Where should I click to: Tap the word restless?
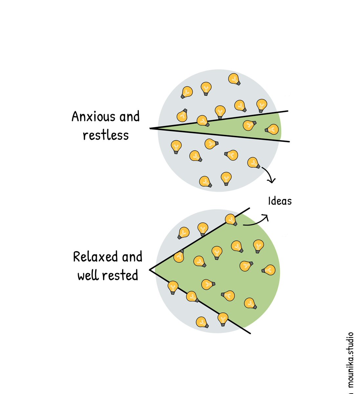click(106, 135)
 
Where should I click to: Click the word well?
click(88, 275)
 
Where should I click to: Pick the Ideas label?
click(280, 201)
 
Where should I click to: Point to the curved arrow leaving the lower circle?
click(256, 222)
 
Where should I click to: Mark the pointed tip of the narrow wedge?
click(151, 128)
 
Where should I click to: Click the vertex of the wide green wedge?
click(150, 270)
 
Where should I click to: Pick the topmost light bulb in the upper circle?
click(234, 79)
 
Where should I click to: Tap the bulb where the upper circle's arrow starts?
click(253, 163)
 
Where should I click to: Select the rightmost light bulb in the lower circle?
click(268, 270)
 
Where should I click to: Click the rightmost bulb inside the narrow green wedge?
click(272, 129)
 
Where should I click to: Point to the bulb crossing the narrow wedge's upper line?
click(203, 120)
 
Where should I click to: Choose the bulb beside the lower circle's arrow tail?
click(231, 219)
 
